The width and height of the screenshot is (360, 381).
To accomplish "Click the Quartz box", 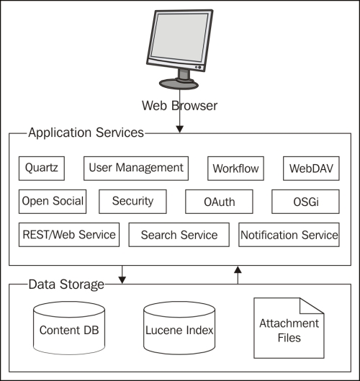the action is (x=42, y=169).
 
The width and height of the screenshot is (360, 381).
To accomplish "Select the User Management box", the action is (x=136, y=169).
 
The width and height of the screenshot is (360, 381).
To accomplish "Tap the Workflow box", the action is (x=235, y=169).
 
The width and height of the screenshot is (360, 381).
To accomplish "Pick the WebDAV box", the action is (x=311, y=169).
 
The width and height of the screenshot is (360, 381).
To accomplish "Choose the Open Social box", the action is (x=53, y=202).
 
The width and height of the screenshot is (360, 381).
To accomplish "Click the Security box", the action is (x=132, y=202).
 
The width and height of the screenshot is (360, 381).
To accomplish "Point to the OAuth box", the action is (x=219, y=202).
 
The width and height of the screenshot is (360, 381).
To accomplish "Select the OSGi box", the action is (x=305, y=202).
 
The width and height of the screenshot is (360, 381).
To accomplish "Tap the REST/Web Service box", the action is (x=69, y=235).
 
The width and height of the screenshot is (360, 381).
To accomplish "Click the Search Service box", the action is (x=179, y=235).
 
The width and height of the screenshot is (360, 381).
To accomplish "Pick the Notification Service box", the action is (x=289, y=235).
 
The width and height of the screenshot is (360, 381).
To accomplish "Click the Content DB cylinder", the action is (x=69, y=328).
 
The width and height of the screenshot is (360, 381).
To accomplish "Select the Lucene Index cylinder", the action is (x=179, y=328).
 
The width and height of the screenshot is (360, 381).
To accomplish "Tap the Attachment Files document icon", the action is (x=289, y=328).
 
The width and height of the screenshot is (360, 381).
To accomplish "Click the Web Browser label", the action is (x=179, y=106).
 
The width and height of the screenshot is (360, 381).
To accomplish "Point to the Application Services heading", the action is (x=86, y=133).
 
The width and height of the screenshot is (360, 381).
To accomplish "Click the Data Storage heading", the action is (x=66, y=284).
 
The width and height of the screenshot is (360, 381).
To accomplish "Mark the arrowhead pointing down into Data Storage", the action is (x=122, y=280).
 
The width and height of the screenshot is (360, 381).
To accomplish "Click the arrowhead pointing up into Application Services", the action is (x=238, y=269).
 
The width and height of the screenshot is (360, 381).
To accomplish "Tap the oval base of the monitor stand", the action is (x=179, y=84).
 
